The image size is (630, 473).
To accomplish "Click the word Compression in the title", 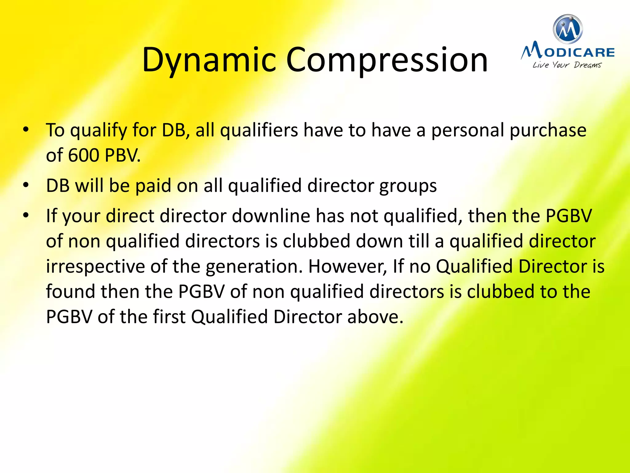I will pos(387,60).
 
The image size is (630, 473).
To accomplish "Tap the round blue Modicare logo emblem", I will pos(568,29).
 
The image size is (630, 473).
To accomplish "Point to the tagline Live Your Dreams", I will pos(567,65).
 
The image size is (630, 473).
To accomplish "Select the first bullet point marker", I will pos(26,129).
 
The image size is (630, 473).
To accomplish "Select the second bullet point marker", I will pos(26,185).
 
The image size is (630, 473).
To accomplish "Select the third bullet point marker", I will pos(26,215).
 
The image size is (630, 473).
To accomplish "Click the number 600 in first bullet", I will pos(84,155).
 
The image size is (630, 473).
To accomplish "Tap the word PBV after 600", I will pos(122,155).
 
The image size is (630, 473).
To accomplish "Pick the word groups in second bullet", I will pos(408,186).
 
